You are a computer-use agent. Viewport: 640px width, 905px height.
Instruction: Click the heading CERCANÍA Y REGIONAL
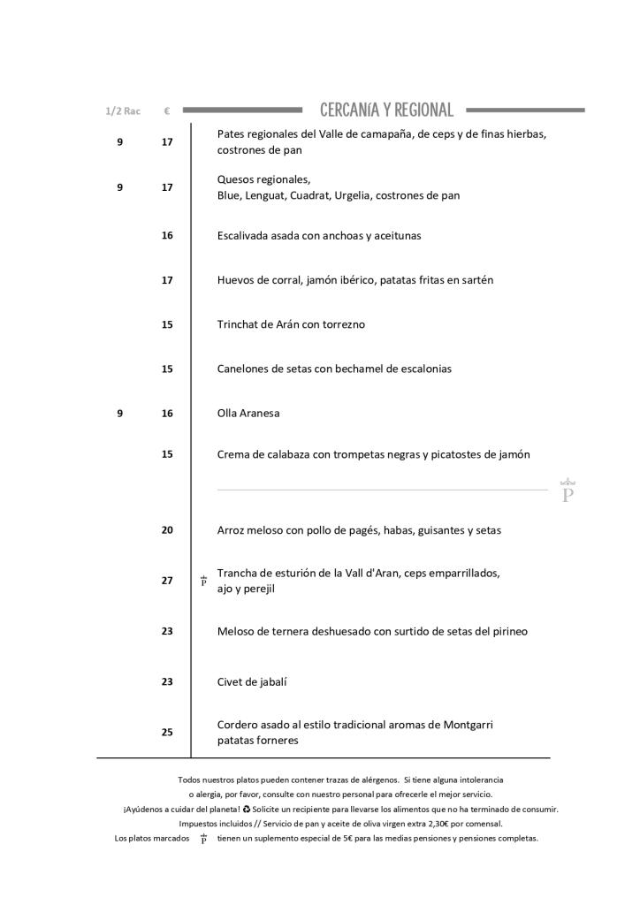(x=386, y=110)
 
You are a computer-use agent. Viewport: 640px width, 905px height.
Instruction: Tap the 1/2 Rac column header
(x=123, y=111)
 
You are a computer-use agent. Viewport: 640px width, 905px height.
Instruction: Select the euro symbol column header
(x=166, y=111)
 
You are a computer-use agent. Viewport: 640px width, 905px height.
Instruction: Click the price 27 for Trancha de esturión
(x=167, y=581)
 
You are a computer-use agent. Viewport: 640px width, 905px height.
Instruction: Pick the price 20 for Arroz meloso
(x=167, y=530)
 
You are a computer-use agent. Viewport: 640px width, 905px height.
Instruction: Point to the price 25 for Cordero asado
(x=167, y=732)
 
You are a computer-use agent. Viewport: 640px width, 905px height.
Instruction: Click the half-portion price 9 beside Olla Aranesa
(x=120, y=413)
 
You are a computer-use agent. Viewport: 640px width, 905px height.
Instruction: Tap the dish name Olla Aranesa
(x=248, y=413)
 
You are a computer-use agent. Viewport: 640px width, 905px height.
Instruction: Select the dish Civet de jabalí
(x=253, y=681)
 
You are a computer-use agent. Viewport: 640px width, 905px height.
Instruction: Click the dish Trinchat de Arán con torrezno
(x=291, y=324)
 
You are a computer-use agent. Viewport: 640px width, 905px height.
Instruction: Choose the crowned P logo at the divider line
(x=568, y=491)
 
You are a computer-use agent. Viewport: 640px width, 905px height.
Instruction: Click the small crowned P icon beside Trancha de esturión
(x=203, y=581)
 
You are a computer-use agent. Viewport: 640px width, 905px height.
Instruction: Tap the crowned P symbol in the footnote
(x=203, y=839)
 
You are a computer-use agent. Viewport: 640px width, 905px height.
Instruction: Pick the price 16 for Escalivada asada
(x=167, y=235)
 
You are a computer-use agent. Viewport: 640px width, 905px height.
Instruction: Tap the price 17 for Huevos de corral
(x=167, y=279)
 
